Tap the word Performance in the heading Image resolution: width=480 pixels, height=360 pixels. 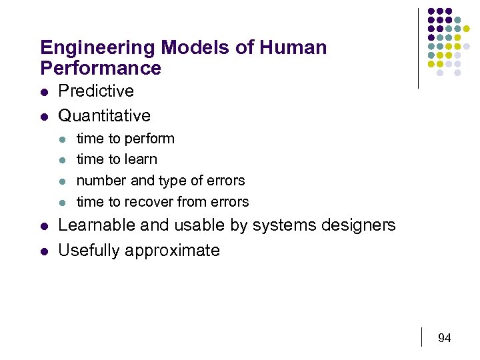click(x=101, y=68)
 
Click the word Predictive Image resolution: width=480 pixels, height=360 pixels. click(x=96, y=91)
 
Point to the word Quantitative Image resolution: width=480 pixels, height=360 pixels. click(x=105, y=115)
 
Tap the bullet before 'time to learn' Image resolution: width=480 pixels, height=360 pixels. click(x=62, y=160)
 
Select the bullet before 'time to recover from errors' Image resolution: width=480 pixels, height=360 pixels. click(x=62, y=202)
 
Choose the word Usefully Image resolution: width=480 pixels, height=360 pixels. click(x=89, y=250)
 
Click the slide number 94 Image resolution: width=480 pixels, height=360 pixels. click(x=445, y=338)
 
